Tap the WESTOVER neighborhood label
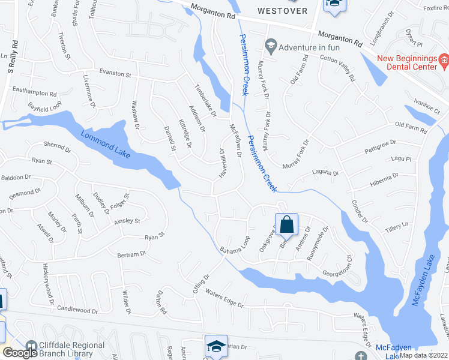pyautogui.click(x=282, y=11)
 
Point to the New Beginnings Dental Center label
pyautogui.click(x=406, y=62)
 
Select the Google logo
pyautogui.click(x=19, y=353)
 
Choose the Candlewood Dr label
pyautogui.click(x=77, y=311)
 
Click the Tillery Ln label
pyautogui.click(x=397, y=227)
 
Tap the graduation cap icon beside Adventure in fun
pyautogui.click(x=271, y=46)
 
